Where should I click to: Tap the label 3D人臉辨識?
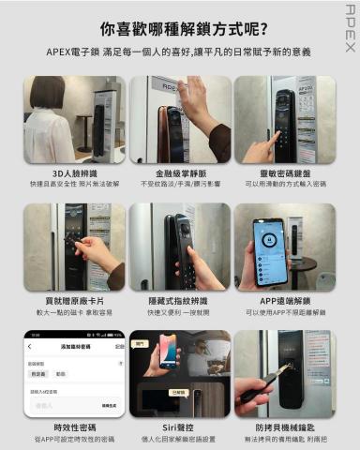tap(74, 173)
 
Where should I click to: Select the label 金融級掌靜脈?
tap(179, 173)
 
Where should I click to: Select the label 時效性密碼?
tap(74, 427)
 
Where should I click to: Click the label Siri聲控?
tap(179, 427)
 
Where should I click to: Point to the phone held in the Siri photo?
tap(169, 352)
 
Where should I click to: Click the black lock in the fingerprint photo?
tap(182, 247)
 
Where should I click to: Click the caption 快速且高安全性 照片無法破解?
tap(74, 185)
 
